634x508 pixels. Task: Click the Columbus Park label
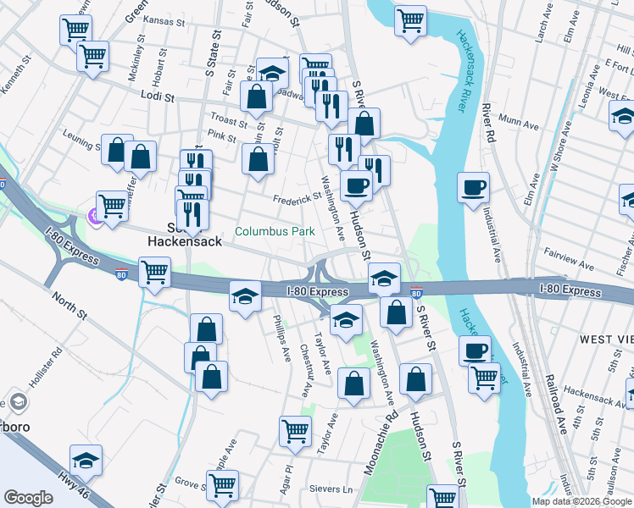(275, 231)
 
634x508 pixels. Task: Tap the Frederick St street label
(297, 199)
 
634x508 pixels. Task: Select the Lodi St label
(157, 97)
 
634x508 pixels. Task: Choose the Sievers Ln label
(335, 489)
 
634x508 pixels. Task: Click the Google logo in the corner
(28, 498)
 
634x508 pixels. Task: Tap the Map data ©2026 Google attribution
(581, 501)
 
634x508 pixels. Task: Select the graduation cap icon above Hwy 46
(86, 460)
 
